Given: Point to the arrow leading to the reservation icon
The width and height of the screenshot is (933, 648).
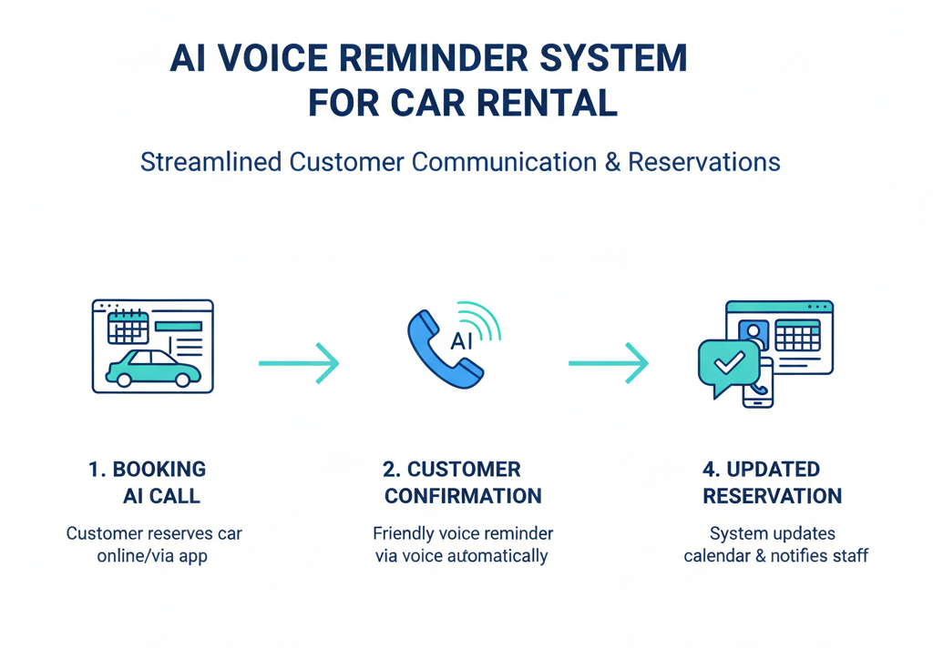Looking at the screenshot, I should point(609,363).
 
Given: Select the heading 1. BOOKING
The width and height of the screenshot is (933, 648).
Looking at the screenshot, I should point(147,470).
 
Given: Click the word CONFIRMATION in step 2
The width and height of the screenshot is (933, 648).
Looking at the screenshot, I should point(463,496).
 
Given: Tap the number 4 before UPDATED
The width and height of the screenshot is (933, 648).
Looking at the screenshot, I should point(709,470).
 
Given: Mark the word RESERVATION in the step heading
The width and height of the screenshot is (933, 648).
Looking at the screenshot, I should point(773,496).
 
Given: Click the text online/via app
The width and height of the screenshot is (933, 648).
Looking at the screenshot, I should point(152,555).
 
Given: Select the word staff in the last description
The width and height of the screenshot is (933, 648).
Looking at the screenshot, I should point(849,555).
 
